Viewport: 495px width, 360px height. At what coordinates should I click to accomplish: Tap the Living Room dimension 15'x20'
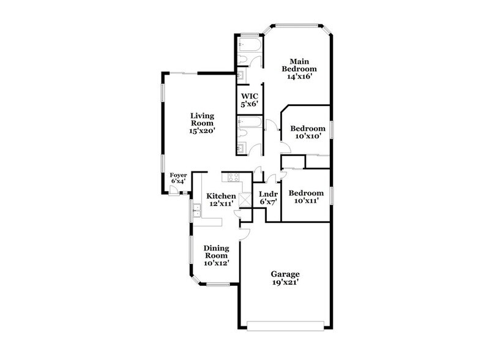pyautogui.click(x=202, y=130)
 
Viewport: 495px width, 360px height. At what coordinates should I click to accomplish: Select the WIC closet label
pyautogui.click(x=250, y=100)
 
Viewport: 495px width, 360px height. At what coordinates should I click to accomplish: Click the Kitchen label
pyautogui.click(x=221, y=196)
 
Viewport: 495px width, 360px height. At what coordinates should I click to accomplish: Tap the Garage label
pyautogui.click(x=286, y=274)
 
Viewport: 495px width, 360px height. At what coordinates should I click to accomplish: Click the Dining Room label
pyautogui.click(x=216, y=252)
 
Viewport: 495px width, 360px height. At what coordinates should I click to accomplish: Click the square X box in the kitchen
pyautogui.click(x=245, y=199)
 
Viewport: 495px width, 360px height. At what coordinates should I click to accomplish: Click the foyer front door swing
pyautogui.click(x=174, y=190)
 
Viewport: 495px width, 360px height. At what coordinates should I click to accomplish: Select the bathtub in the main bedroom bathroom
pyautogui.click(x=250, y=46)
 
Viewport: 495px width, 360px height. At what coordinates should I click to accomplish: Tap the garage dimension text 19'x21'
pyautogui.click(x=286, y=282)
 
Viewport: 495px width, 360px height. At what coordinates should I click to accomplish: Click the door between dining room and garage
pyautogui.click(x=244, y=233)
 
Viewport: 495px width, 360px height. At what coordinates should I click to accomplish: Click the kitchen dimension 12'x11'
pyautogui.click(x=221, y=204)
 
